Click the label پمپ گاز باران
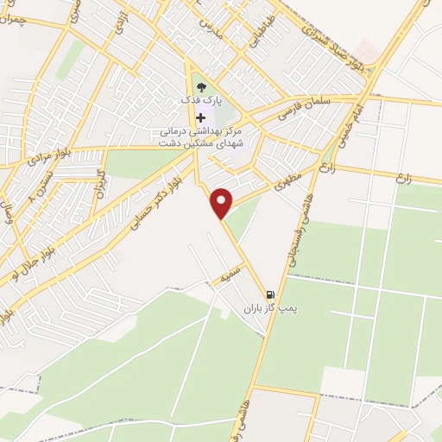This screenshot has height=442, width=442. [262, 308]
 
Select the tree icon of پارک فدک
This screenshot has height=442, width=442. [201, 86]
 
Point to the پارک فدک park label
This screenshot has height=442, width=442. [200, 100]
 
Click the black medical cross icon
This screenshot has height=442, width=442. [201, 117]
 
